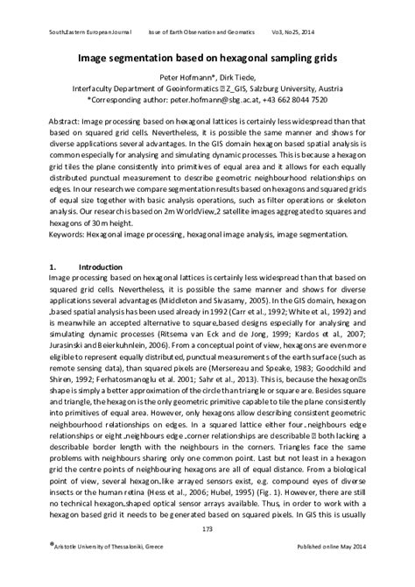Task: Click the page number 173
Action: pyautogui.click(x=207, y=553)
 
